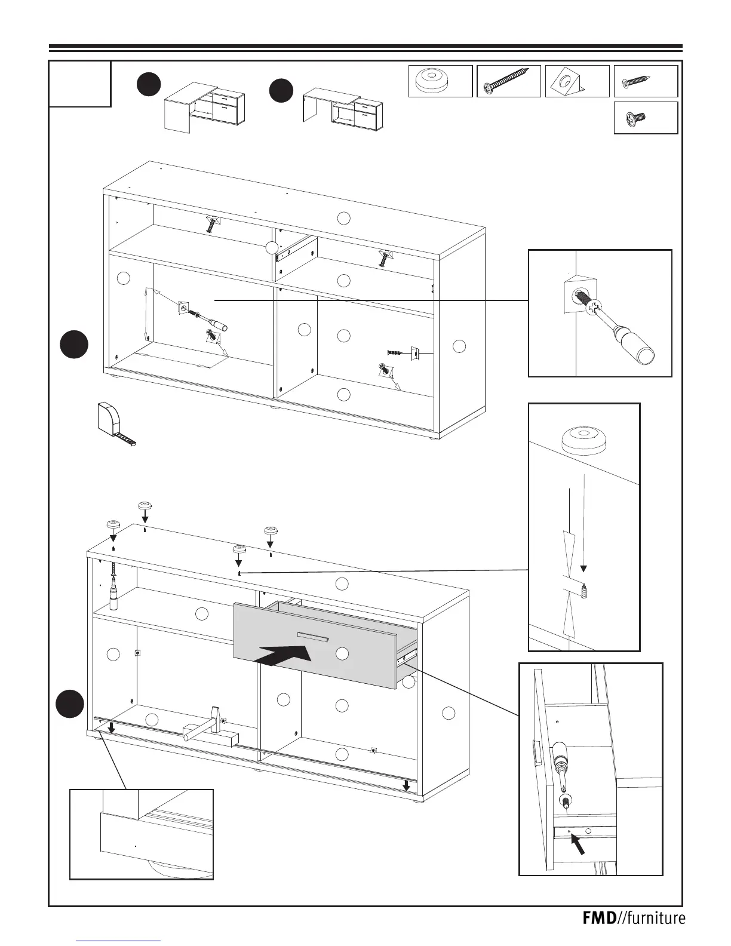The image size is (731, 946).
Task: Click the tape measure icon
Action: click(113, 423)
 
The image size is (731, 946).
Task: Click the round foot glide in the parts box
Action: click(440, 81)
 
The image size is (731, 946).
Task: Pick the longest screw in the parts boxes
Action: click(508, 81)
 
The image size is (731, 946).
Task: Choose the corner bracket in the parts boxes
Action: click(569, 81)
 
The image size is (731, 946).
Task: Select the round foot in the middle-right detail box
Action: click(583, 441)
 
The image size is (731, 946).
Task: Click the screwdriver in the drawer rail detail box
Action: click(563, 770)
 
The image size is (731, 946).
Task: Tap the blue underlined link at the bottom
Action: click(119, 941)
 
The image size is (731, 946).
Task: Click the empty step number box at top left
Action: click(80, 84)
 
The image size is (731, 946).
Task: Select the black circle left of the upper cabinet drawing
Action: click(74, 345)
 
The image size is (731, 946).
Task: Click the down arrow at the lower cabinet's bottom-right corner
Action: click(406, 784)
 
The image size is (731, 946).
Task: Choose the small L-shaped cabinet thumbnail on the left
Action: click(204, 106)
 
